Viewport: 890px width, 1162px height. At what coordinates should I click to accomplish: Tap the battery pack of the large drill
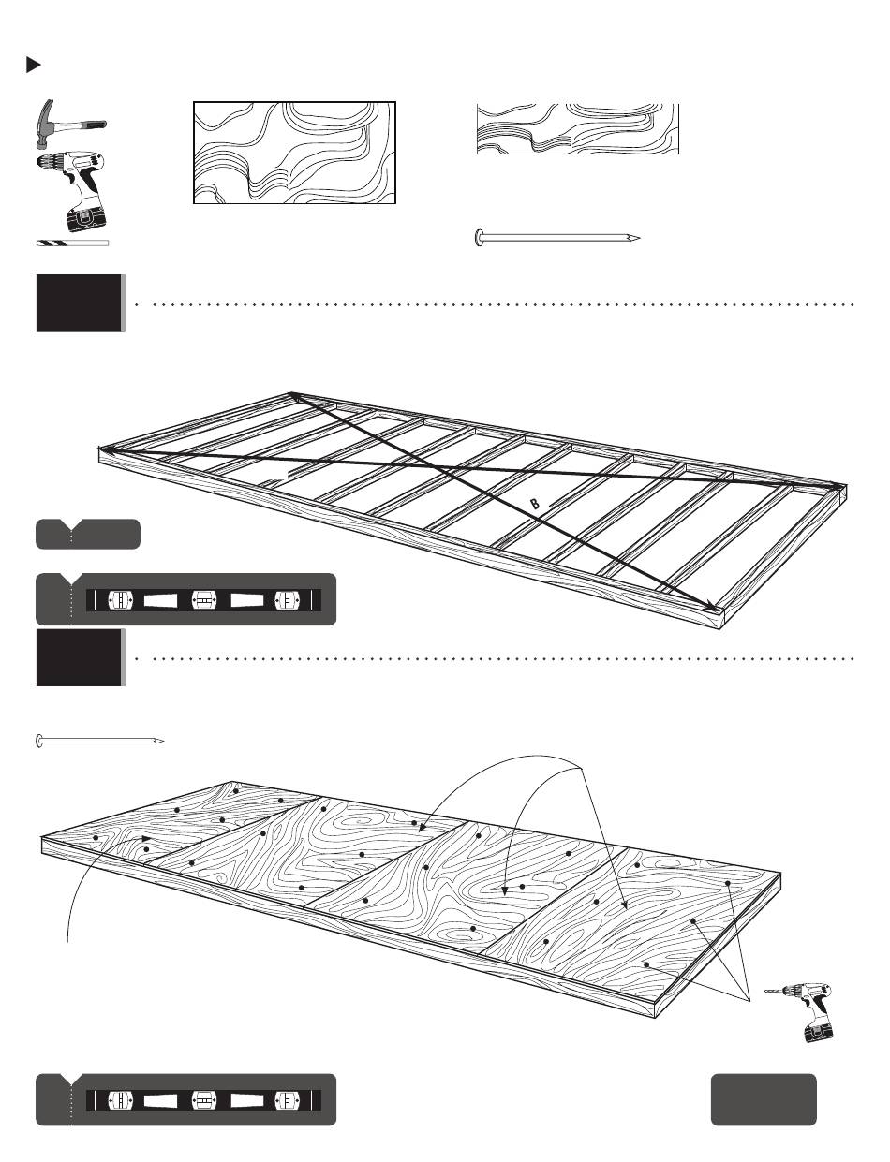86,217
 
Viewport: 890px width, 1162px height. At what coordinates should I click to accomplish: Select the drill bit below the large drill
72,243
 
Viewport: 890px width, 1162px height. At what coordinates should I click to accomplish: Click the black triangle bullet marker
33,66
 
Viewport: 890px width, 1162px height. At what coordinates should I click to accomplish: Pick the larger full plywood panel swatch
294,153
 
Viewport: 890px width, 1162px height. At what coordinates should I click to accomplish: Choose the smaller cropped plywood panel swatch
578,129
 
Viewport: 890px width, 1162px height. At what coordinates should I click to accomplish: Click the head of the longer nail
479,238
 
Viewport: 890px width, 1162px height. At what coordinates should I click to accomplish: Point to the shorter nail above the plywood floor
100,742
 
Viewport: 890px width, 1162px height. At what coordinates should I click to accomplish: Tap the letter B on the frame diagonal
534,503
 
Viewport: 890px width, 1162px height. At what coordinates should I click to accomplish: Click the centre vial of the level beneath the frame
203,600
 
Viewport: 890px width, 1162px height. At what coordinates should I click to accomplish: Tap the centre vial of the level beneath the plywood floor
203,1100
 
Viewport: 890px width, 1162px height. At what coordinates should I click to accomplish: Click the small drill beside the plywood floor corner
799,1012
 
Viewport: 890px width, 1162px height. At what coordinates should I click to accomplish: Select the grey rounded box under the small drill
764,1099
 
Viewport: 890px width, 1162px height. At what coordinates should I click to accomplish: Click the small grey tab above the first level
88,534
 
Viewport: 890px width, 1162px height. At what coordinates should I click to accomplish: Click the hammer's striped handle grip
94,125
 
